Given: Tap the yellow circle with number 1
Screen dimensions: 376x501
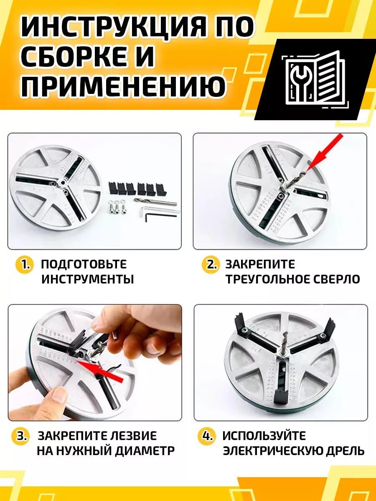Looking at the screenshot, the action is tap(24, 265).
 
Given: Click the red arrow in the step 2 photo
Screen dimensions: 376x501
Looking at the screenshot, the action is tap(324, 153).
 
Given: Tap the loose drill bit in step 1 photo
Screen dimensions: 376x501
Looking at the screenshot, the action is tap(155, 201).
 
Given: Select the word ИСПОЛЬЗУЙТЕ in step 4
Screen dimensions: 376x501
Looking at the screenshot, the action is tap(264, 436).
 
